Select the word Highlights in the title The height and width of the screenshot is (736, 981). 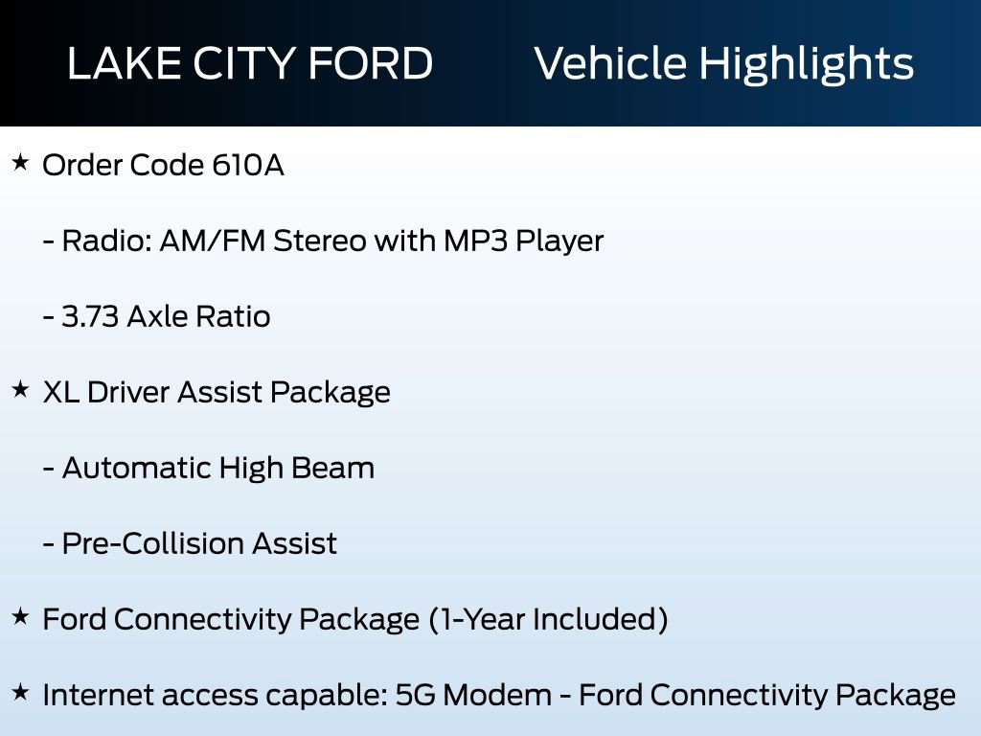806,65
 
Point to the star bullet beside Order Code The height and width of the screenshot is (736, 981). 20,163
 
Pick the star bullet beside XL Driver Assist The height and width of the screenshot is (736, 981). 20,389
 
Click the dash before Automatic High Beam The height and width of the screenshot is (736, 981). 48,470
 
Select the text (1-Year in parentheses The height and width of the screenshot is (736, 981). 474,619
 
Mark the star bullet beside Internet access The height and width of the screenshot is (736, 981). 20,691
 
